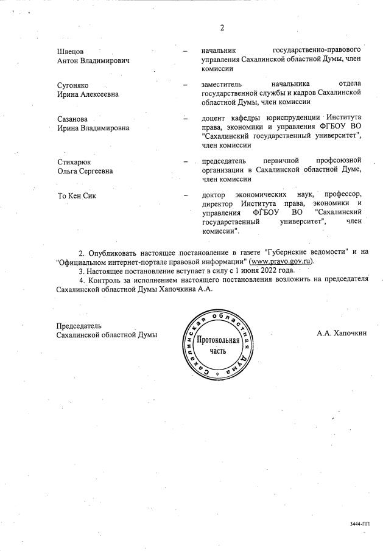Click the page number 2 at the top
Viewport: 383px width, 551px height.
pos(222,28)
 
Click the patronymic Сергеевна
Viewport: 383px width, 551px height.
pos(94,171)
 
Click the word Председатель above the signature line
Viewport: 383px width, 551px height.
pos(79,326)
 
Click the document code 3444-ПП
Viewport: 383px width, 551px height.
pos(360,523)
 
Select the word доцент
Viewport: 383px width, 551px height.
pos(213,118)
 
